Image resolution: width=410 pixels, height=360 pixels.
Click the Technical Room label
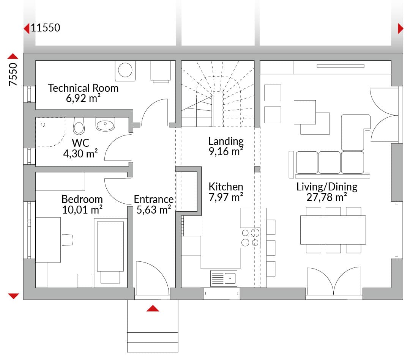click(x=83, y=88)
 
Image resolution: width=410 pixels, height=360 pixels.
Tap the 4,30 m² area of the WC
click(x=80, y=153)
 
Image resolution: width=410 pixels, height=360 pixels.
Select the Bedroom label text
click(x=82, y=199)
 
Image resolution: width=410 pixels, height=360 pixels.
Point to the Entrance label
click(x=154, y=199)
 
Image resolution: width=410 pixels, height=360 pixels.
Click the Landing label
click(x=226, y=141)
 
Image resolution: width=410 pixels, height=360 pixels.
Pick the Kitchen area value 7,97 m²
click(x=226, y=197)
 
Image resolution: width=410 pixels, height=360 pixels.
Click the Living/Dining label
click(x=327, y=187)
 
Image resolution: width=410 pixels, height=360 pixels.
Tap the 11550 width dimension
click(x=46, y=28)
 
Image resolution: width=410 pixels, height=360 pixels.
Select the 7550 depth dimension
click(x=13, y=74)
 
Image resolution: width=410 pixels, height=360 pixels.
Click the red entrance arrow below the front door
click(x=153, y=308)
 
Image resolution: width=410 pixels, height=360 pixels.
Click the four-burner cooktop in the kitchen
click(x=250, y=238)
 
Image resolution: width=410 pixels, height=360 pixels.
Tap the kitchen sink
click(x=224, y=278)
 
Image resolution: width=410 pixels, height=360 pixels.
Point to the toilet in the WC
click(x=79, y=126)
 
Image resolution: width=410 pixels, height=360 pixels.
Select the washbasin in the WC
click(x=105, y=124)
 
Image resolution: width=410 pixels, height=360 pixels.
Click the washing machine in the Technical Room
click(x=125, y=71)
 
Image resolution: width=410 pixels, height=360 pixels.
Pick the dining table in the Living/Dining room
click(x=333, y=230)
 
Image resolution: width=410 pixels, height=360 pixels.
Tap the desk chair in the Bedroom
click(x=68, y=240)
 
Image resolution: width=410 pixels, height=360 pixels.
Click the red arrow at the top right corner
click(x=401, y=28)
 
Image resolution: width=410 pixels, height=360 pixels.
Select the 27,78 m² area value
click(x=327, y=198)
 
